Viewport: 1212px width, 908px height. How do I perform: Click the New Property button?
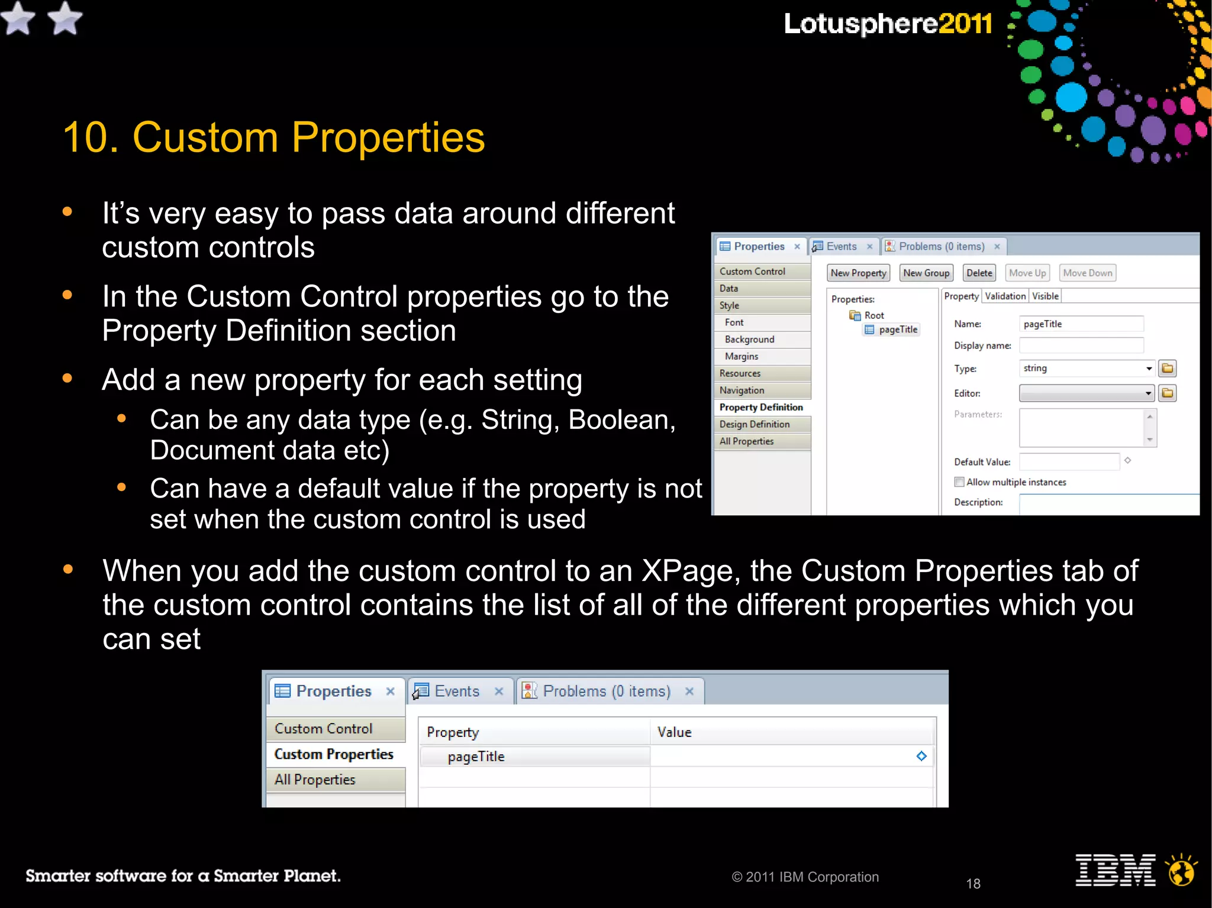858,273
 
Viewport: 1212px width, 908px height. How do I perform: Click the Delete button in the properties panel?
979,273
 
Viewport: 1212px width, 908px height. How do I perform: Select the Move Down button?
1087,273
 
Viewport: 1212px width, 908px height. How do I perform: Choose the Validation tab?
1005,296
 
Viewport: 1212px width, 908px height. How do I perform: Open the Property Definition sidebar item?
761,408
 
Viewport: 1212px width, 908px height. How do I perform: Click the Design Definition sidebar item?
755,424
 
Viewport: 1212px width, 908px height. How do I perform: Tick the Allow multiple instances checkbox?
959,482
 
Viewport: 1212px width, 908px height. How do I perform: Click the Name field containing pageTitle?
1081,324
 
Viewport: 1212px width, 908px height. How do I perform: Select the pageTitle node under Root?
898,330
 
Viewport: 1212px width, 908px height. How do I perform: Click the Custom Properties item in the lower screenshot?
334,754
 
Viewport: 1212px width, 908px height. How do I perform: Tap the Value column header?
674,732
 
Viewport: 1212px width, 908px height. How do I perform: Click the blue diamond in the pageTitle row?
921,756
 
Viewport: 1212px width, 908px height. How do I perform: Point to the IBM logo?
1115,871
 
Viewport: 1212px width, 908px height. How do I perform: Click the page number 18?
973,884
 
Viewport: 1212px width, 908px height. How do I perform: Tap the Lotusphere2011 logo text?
888,24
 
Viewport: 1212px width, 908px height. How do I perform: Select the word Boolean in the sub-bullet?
621,421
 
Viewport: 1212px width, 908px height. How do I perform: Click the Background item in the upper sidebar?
749,340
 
